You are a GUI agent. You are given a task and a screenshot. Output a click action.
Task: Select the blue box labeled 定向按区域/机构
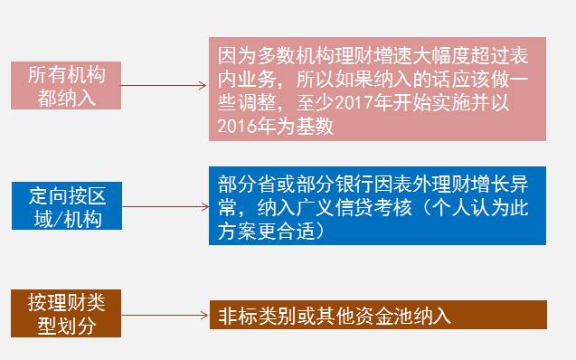click(x=65, y=207)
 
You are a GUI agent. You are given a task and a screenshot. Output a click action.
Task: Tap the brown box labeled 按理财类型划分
click(x=65, y=314)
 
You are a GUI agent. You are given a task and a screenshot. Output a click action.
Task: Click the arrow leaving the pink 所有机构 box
click(x=164, y=87)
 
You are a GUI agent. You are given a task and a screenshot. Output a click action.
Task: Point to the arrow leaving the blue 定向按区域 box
click(x=164, y=207)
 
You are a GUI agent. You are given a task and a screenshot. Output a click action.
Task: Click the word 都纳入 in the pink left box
click(x=66, y=98)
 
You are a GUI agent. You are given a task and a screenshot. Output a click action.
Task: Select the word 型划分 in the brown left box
click(x=66, y=326)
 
